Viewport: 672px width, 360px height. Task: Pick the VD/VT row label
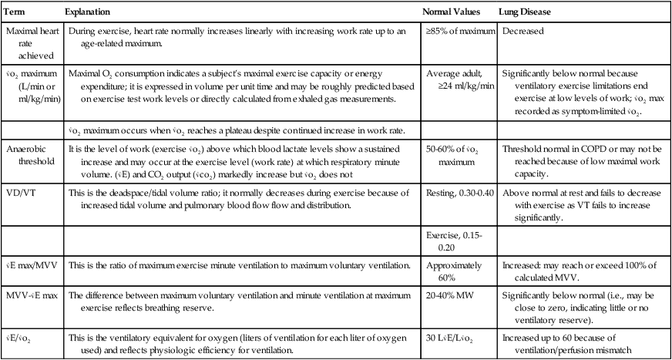point(23,193)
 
